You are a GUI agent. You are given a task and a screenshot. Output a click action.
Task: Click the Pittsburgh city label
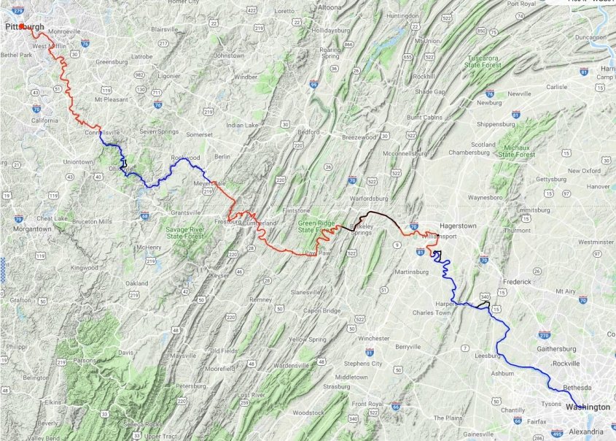pos(26,28)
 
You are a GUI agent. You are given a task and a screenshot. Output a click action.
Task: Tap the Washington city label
pos(588,407)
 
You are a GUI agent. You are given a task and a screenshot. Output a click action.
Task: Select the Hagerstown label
pos(459,226)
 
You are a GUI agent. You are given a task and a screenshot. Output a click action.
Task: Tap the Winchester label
pos(373,339)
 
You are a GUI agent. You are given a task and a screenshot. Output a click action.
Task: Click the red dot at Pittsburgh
pos(23,27)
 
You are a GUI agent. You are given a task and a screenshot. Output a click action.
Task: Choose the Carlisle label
pos(556,87)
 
